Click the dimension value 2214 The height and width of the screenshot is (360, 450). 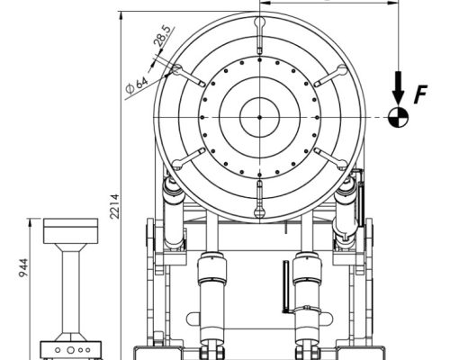point(114,206)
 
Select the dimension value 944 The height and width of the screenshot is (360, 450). point(23,267)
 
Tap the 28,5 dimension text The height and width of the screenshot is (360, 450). point(164,36)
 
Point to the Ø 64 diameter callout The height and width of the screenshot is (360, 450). point(137,85)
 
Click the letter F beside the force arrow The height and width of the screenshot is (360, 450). point(420,94)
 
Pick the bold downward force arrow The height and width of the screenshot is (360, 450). point(399,87)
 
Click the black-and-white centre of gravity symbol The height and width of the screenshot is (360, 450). point(399,117)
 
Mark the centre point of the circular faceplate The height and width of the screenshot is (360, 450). point(260,117)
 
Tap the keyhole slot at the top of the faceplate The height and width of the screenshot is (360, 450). point(260,35)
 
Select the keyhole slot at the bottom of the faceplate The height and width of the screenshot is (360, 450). point(260,199)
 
